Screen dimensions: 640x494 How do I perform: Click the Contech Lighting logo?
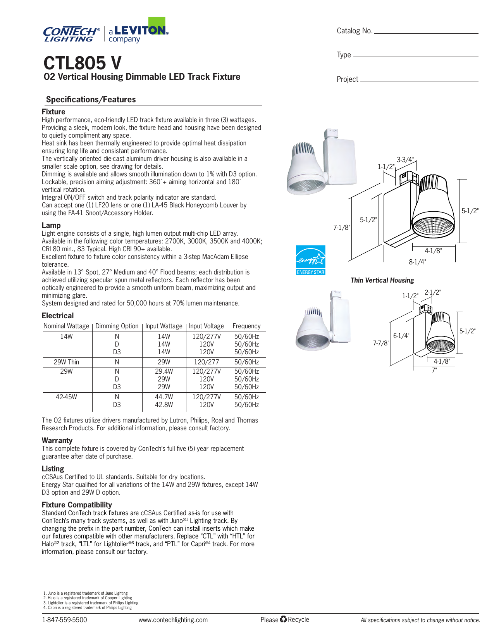(x=71, y=34)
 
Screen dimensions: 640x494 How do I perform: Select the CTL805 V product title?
(x=82, y=63)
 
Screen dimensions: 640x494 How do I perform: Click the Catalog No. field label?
(x=354, y=31)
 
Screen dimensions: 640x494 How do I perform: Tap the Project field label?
(x=347, y=79)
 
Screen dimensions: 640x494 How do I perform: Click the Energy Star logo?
(x=310, y=260)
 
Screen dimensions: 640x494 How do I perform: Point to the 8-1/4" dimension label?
(x=417, y=262)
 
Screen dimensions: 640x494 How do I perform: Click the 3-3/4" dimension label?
(x=405, y=159)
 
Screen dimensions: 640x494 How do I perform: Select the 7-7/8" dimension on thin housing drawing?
(x=380, y=343)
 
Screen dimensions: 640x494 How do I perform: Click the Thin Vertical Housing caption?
(x=382, y=280)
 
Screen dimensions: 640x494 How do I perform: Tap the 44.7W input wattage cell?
(x=164, y=397)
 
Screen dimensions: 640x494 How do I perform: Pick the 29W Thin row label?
(x=66, y=362)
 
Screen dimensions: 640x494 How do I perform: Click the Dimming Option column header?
(x=117, y=326)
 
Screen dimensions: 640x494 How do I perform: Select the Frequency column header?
(x=246, y=326)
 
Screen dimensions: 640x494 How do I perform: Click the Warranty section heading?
(x=57, y=440)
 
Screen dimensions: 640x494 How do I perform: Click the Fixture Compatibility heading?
(x=77, y=505)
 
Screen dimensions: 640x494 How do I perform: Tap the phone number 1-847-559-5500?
(x=64, y=620)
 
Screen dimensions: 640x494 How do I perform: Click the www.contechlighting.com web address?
(x=173, y=620)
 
